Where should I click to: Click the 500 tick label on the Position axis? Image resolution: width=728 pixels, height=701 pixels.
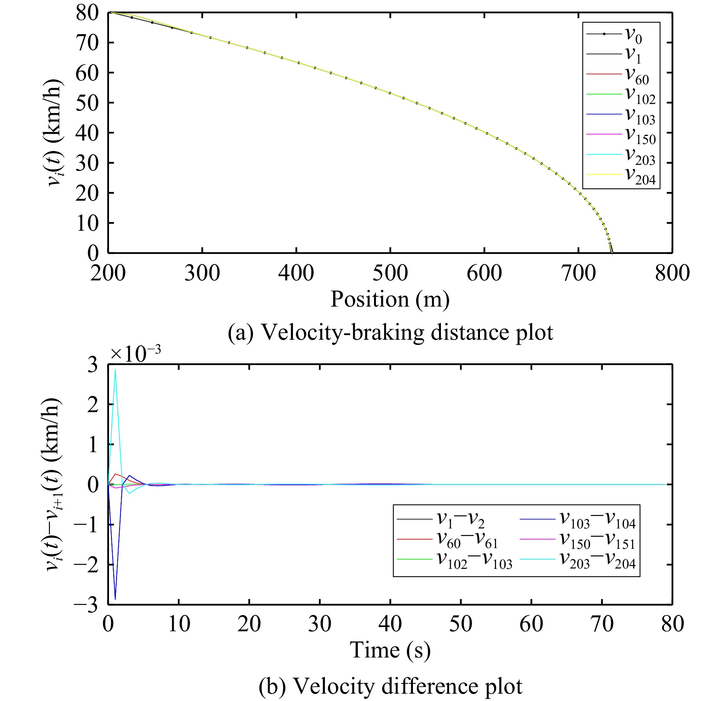390,273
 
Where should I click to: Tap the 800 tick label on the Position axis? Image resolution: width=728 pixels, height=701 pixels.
672,273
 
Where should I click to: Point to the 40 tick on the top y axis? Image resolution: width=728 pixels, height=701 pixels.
87,133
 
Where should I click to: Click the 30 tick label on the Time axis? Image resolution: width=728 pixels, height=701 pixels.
320,624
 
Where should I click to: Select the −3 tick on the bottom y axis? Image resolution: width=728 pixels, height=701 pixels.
86,605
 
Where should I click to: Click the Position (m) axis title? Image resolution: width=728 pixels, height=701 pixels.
390,300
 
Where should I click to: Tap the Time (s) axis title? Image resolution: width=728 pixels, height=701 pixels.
390,651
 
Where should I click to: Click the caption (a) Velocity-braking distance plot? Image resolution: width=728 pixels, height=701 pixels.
390,332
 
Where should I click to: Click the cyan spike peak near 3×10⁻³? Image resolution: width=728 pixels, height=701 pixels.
115,370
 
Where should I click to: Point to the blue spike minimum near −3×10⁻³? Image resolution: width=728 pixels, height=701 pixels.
115,599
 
